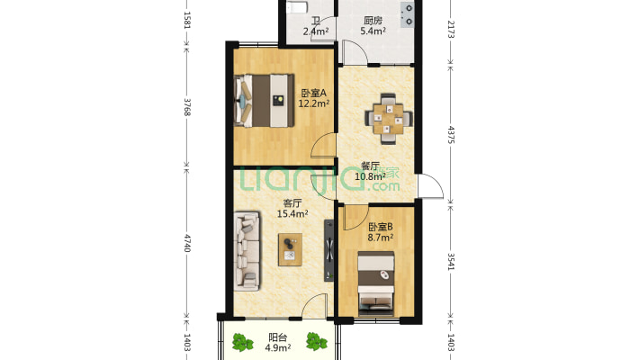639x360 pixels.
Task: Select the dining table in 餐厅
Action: click(388, 119)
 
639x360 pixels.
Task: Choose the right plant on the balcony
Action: click(315, 341)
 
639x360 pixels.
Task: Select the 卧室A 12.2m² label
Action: click(313, 98)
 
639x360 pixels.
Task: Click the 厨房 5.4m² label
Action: click(373, 25)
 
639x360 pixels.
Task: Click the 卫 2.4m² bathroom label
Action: click(315, 25)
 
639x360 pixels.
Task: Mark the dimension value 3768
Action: click(187, 108)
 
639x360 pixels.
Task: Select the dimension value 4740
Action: click(187, 242)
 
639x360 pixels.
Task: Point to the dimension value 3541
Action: click(451, 261)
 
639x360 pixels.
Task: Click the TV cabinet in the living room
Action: click(329, 247)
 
